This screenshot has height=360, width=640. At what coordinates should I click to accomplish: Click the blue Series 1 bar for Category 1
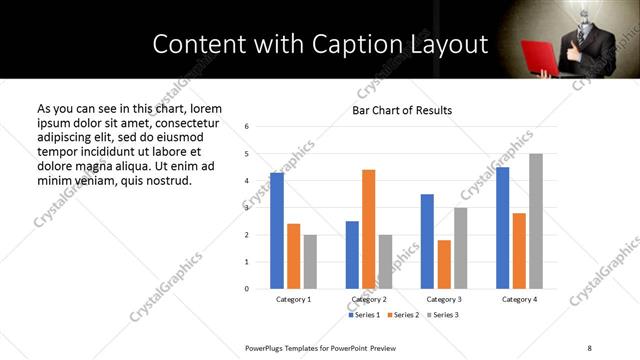click(x=277, y=231)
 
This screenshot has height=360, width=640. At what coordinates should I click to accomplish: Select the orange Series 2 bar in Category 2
click(x=369, y=229)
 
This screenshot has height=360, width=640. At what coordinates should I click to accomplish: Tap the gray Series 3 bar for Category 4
click(x=536, y=221)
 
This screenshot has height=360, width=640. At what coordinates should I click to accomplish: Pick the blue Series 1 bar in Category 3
click(x=428, y=241)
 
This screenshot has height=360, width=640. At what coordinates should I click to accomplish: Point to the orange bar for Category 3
click(x=444, y=264)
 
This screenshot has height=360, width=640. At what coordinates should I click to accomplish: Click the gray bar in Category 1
click(x=310, y=262)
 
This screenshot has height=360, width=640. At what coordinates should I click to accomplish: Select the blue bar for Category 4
click(x=502, y=228)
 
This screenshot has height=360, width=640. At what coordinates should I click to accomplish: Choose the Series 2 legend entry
click(x=403, y=315)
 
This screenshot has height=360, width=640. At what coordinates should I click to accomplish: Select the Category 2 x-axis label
click(x=369, y=299)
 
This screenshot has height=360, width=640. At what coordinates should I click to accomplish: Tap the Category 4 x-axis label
click(x=519, y=299)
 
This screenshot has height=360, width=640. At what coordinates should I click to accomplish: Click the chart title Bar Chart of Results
click(x=402, y=110)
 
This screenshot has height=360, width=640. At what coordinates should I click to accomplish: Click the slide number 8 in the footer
click(x=589, y=346)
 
